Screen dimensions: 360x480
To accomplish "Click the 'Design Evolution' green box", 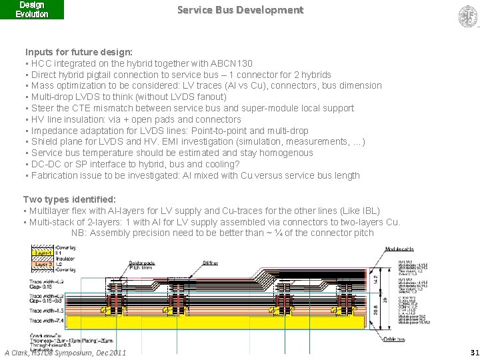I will (x=32, y=9).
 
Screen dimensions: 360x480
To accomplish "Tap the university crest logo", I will (x=467, y=16).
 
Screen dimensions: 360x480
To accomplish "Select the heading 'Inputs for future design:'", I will (x=79, y=52).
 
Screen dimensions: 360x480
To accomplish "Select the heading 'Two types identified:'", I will (x=69, y=199).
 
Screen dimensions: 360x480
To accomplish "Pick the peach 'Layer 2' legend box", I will (x=43, y=265).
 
